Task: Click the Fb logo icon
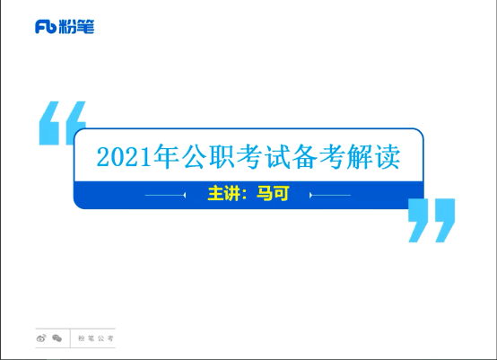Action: [46, 27]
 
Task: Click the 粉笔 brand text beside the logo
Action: [76, 27]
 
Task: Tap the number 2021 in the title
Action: [124, 157]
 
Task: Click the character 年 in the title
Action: [166, 156]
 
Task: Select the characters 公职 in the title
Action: [208, 156]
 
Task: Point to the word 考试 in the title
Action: [264, 156]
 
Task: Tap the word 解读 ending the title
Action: [373, 156]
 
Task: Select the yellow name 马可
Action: [273, 193]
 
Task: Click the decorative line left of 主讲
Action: [165, 195]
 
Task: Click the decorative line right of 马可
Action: [330, 195]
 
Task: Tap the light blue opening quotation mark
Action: [63, 123]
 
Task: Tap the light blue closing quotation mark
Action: [432, 221]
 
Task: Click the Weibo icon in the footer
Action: [41, 338]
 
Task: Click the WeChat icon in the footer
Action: [57, 338]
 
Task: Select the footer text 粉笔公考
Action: [96, 338]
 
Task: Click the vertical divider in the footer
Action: [70, 338]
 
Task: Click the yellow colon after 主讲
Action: [244, 194]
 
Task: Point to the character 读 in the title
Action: [388, 156]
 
